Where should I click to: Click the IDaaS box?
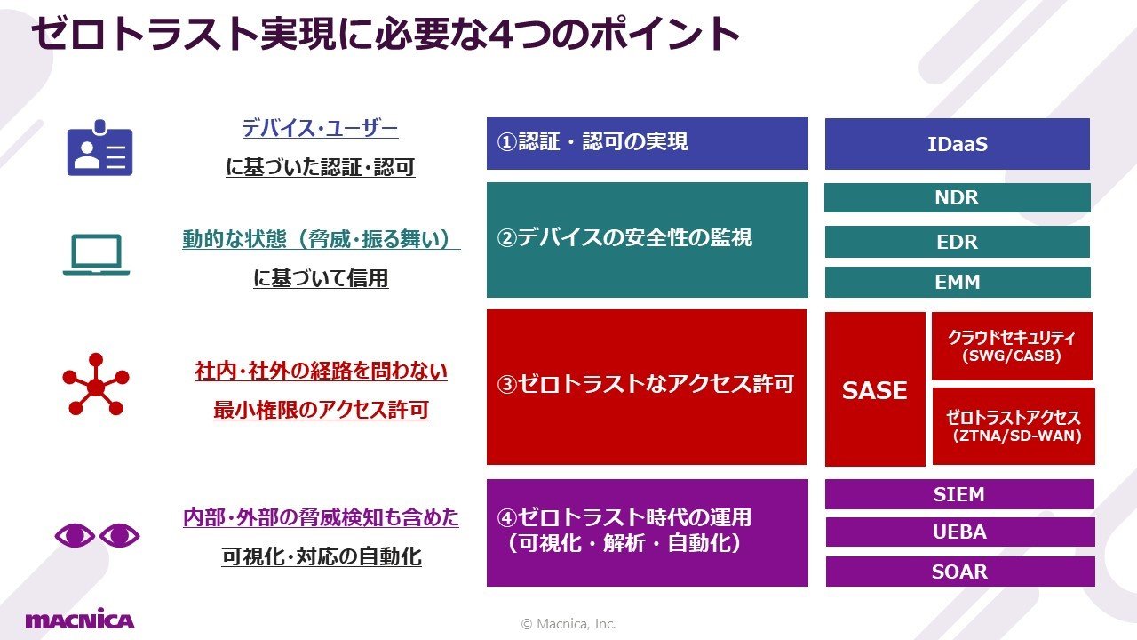958,144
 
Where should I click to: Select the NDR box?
958,197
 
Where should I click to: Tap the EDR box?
958,242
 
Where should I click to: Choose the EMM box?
958,282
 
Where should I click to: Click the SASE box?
875,389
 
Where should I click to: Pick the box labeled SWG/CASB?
1012,346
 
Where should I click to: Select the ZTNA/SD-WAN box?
1014,426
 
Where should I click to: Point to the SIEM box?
959,494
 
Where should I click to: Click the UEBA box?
960,532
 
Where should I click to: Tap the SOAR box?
960,572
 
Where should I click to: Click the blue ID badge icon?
100,148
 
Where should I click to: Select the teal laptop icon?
97,254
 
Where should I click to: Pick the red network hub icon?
95,385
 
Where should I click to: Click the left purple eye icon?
75,535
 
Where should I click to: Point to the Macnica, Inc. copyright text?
568,624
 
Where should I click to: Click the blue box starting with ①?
648,143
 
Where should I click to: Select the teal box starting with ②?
648,240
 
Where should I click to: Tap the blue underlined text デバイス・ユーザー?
320,128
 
